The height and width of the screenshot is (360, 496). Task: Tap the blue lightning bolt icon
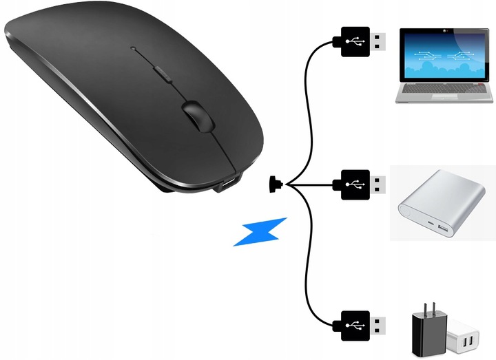pyautogui.click(x=259, y=231)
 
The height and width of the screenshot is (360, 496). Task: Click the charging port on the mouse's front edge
pyautogui.click(x=227, y=184)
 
